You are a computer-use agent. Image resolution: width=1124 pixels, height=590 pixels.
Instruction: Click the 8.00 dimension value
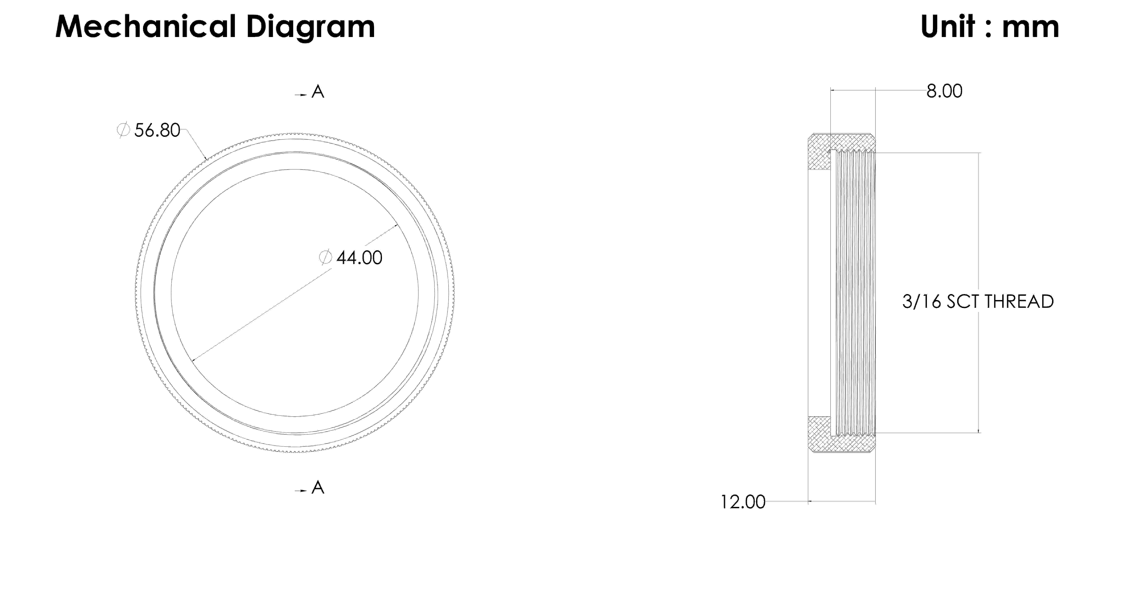tap(944, 91)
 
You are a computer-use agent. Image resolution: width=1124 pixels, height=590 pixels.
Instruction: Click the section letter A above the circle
tap(318, 92)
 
